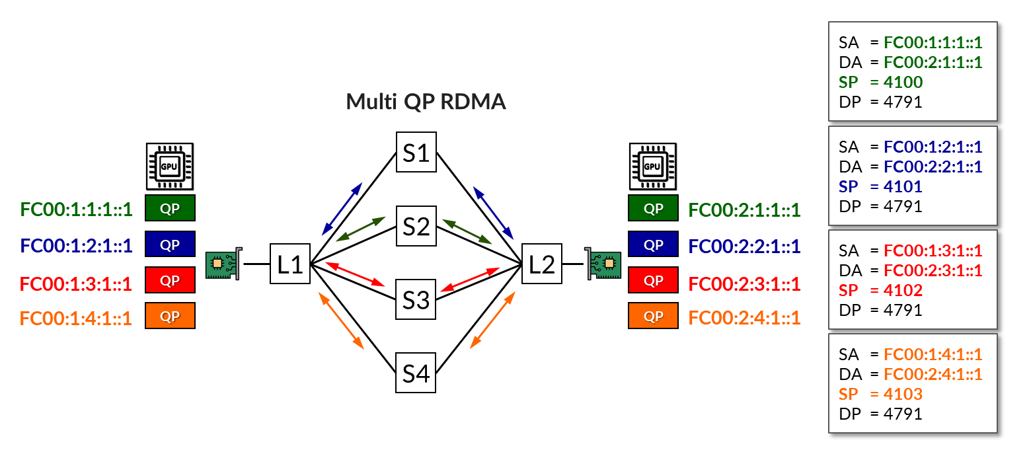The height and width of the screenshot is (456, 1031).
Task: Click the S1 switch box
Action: [416, 152]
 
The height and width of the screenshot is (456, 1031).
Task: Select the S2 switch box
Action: [416, 227]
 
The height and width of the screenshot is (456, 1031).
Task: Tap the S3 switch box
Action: [416, 300]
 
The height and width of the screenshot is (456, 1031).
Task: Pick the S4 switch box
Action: [416, 373]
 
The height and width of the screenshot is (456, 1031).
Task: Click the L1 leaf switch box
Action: [289, 264]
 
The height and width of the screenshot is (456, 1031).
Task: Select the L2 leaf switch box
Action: [541, 264]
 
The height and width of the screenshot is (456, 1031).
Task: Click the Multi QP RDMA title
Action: [426, 102]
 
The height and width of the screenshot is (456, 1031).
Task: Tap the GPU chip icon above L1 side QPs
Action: [169, 167]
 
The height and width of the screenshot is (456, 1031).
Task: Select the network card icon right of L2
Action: [603, 264]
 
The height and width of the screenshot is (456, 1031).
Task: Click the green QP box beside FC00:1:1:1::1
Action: [170, 208]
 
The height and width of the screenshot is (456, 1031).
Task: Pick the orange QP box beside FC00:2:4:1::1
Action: [653, 316]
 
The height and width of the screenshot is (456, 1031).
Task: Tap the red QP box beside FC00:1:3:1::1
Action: [170, 280]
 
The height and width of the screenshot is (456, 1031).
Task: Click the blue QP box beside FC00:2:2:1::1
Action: [653, 245]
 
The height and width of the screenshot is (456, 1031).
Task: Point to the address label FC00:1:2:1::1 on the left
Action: [76, 246]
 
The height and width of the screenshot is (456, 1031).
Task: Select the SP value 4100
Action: [903, 83]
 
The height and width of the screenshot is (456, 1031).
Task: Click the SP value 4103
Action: [903, 395]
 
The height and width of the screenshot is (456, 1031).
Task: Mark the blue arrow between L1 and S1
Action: [342, 209]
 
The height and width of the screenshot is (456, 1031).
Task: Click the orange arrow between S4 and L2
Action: [492, 320]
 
